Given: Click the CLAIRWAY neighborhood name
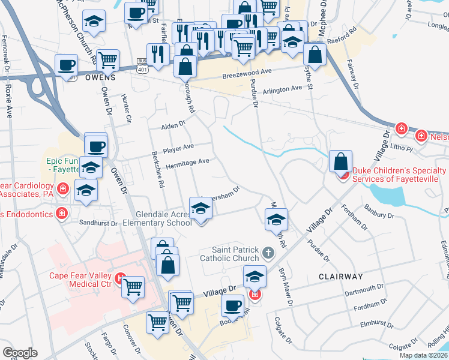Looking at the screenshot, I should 342,277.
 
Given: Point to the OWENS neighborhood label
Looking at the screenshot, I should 100,77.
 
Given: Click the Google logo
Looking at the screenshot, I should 19,352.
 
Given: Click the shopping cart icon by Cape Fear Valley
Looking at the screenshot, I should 133,287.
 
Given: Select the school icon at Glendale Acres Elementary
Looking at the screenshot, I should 201,208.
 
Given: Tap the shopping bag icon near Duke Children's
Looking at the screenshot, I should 340,161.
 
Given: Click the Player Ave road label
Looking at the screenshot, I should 179,147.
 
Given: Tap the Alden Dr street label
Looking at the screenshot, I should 173,127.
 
